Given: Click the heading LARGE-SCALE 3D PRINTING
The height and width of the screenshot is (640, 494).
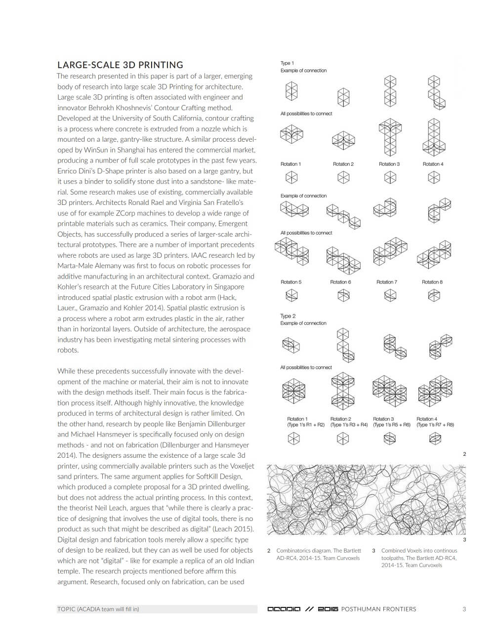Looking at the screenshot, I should pyautogui.click(x=120, y=65).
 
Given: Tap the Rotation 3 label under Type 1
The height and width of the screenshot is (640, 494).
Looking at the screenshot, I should pyautogui.click(x=389, y=164).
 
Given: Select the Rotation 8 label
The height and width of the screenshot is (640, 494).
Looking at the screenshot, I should pyautogui.click(x=432, y=282).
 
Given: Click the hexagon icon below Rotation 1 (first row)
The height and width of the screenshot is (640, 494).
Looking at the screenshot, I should pyautogui.click(x=291, y=177).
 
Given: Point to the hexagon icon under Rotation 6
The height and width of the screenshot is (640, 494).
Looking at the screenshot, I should pyautogui.click(x=343, y=295).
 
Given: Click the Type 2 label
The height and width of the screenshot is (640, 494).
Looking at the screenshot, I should pyautogui.click(x=288, y=316).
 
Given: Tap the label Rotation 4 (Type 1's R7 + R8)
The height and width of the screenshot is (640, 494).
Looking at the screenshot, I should pyautogui.click(x=435, y=422).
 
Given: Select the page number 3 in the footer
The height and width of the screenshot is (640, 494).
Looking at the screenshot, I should pyautogui.click(x=464, y=609).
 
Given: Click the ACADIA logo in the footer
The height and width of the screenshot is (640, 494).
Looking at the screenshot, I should pyautogui.click(x=284, y=609).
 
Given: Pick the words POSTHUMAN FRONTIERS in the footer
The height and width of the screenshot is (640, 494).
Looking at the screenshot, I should pyautogui.click(x=378, y=609).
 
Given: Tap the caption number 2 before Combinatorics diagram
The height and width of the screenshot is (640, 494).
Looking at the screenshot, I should pyautogui.click(x=269, y=551).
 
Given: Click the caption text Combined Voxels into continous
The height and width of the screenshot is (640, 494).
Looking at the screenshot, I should pyautogui.click(x=419, y=551).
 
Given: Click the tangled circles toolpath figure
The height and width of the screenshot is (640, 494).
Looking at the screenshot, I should pyautogui.click(x=366, y=499).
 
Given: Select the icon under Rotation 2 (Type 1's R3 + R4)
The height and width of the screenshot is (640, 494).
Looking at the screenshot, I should pyautogui.click(x=343, y=438).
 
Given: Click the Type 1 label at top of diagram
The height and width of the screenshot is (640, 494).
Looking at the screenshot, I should pyautogui.click(x=287, y=63).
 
